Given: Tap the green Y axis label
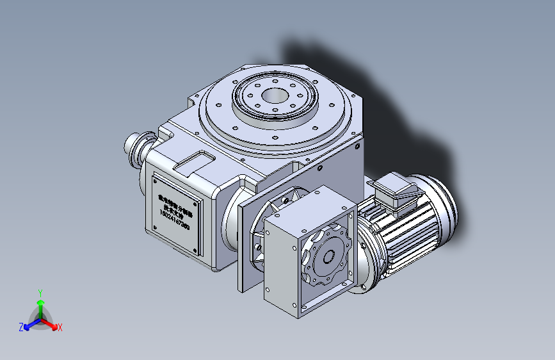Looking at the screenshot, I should [40, 292].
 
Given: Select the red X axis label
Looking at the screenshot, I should [60, 327].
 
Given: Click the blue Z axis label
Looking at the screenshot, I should [21, 327].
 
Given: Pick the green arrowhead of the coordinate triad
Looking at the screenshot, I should [40, 302].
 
